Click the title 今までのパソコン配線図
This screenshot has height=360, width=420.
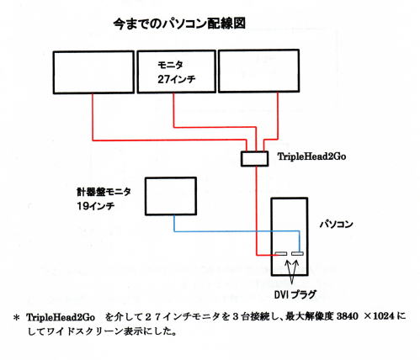point(179,24)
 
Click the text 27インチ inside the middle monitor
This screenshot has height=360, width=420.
point(177,79)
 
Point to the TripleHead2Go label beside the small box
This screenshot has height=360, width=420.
point(311,156)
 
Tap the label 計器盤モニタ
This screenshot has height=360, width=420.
point(104,192)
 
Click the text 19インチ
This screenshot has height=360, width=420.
point(96,206)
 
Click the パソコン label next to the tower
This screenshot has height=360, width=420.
point(336,225)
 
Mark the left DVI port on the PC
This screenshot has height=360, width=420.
point(281,254)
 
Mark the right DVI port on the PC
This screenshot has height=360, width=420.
point(297,254)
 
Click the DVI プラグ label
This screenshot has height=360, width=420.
point(295,294)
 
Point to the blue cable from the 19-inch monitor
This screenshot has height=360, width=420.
point(237,231)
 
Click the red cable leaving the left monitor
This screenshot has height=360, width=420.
point(169,140)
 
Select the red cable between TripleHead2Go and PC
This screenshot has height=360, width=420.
point(256,211)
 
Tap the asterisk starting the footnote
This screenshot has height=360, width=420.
point(17,318)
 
